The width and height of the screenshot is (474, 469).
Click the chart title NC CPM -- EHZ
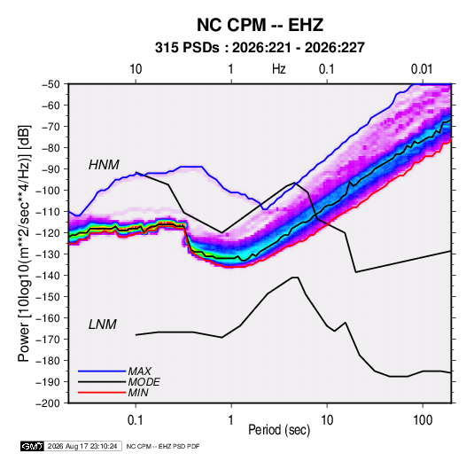pyautogui.click(x=260, y=25)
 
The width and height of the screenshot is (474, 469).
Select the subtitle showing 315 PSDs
pyautogui.click(x=260, y=48)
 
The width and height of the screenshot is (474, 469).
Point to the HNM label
pyautogui.click(x=104, y=165)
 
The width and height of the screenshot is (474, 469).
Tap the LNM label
pyautogui.click(x=103, y=324)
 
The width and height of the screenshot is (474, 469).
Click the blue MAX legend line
pyautogui.click(x=102, y=371)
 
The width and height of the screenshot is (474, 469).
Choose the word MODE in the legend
pyautogui.click(x=144, y=382)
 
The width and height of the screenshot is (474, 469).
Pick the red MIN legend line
pyautogui.click(x=102, y=393)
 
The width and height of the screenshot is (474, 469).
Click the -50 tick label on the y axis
pyautogui.click(x=51, y=84)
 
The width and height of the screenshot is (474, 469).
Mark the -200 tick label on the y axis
pyautogui.click(x=48, y=403)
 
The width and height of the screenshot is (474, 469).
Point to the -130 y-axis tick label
pyautogui.click(x=48, y=254)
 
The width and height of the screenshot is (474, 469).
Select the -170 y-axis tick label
pyautogui.click(x=48, y=340)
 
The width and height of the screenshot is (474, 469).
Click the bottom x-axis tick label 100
pyautogui.click(x=423, y=420)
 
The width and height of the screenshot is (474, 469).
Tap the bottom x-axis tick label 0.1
pyautogui.click(x=136, y=420)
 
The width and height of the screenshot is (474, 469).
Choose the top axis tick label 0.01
pyautogui.click(x=422, y=69)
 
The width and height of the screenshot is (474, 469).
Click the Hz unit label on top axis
pyautogui.click(x=279, y=69)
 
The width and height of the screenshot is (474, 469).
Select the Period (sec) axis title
pyautogui.click(x=279, y=430)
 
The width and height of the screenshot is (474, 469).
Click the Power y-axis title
pyautogui.click(x=24, y=244)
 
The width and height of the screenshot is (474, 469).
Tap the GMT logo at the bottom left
pyautogui.click(x=33, y=446)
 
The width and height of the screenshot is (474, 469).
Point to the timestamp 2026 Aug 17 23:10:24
pyautogui.click(x=82, y=446)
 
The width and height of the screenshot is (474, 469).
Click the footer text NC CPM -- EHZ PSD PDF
pyautogui.click(x=163, y=446)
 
